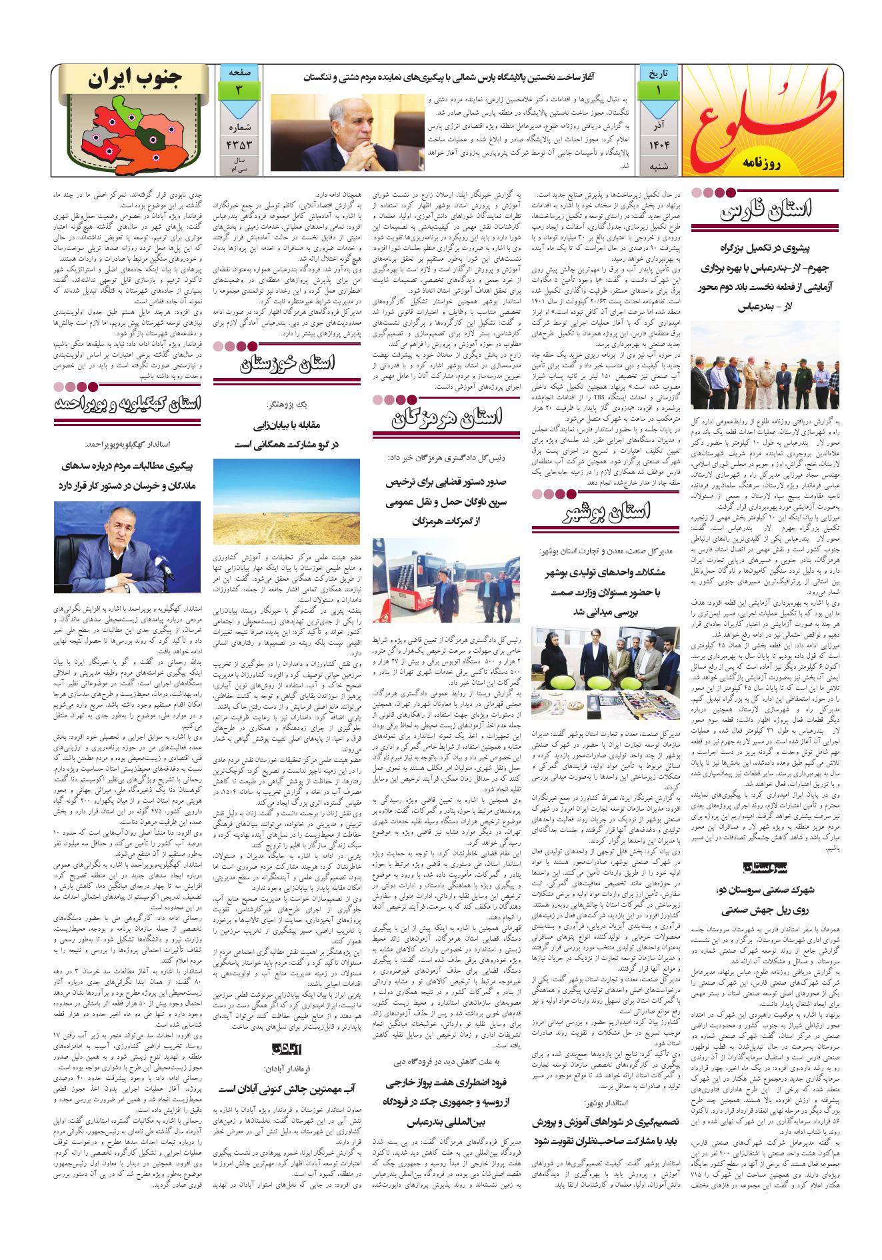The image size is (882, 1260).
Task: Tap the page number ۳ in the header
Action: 239,89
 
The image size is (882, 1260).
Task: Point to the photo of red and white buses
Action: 446,579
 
